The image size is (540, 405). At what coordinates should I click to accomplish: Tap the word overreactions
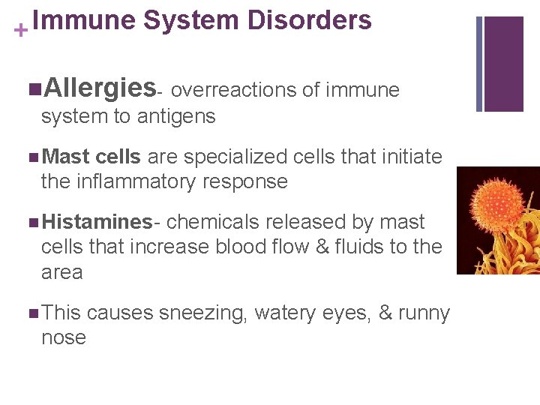click(237, 91)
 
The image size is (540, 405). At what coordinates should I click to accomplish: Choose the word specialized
click(229, 157)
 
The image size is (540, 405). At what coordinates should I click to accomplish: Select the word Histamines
click(97, 222)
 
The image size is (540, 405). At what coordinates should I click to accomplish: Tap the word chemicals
click(211, 222)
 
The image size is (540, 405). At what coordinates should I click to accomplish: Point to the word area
click(61, 271)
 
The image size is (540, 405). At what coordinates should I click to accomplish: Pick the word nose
click(64, 337)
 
